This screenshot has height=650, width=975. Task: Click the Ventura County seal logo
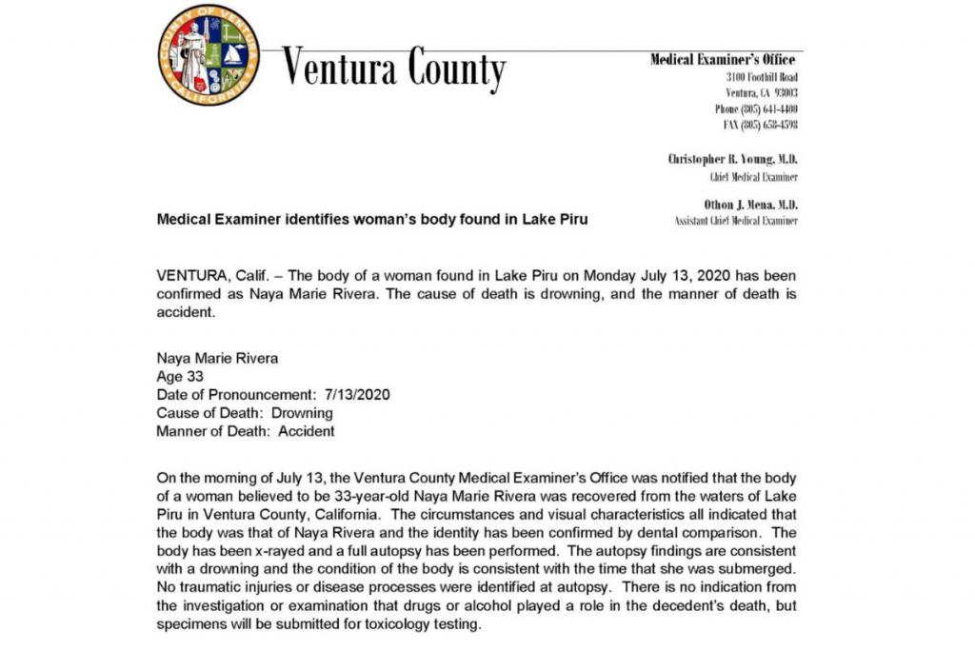point(209,54)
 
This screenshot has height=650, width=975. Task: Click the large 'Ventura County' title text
point(393,68)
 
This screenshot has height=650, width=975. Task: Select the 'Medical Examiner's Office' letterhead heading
point(723,59)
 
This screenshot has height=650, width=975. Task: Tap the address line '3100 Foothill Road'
point(762,77)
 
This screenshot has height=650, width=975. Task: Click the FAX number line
point(761,125)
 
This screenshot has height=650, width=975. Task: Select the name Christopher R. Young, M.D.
point(732,160)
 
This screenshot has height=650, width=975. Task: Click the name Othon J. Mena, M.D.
point(750,205)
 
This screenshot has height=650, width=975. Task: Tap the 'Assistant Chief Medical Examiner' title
point(736,221)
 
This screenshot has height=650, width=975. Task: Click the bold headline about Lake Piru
point(371,219)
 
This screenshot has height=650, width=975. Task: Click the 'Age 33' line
point(180,376)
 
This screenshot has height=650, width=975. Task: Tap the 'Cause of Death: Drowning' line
point(245,413)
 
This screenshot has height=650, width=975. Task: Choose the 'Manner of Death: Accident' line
point(245,431)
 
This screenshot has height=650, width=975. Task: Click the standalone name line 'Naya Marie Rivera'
point(216,358)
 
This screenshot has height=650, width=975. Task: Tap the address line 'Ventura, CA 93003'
point(762,93)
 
